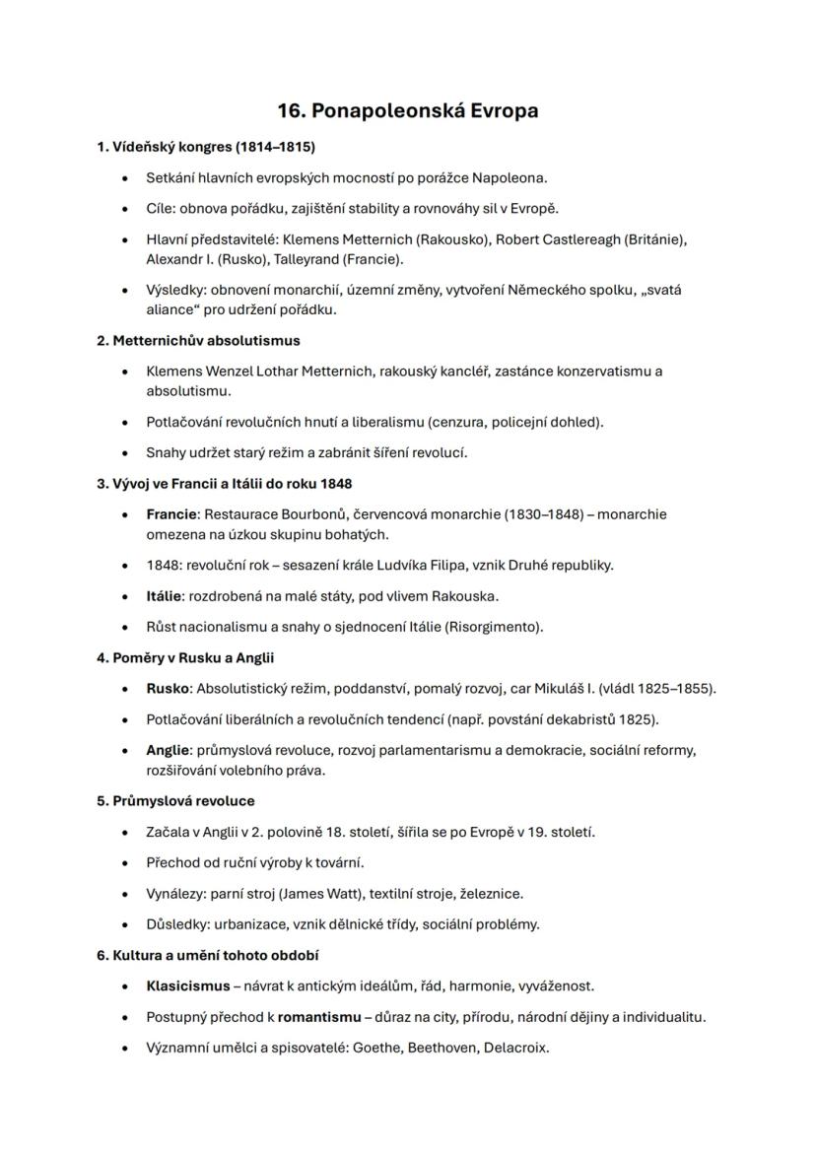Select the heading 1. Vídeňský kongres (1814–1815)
[x=206, y=147]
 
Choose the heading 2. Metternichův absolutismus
[x=198, y=341]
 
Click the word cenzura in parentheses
[x=459, y=422]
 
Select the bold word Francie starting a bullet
[x=171, y=514]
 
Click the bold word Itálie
[x=165, y=596]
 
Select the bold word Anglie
[x=168, y=750]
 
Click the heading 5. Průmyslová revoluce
[x=175, y=801]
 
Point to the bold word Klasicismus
[x=186, y=986]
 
